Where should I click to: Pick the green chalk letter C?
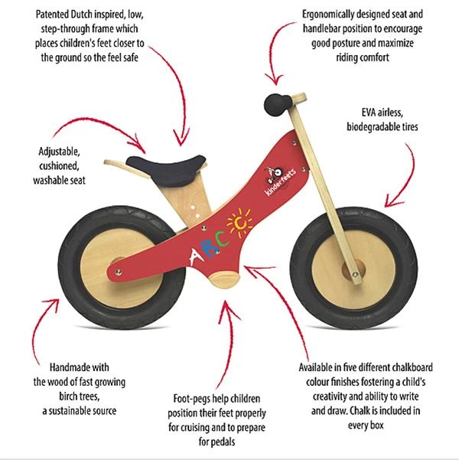(x=223, y=239)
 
